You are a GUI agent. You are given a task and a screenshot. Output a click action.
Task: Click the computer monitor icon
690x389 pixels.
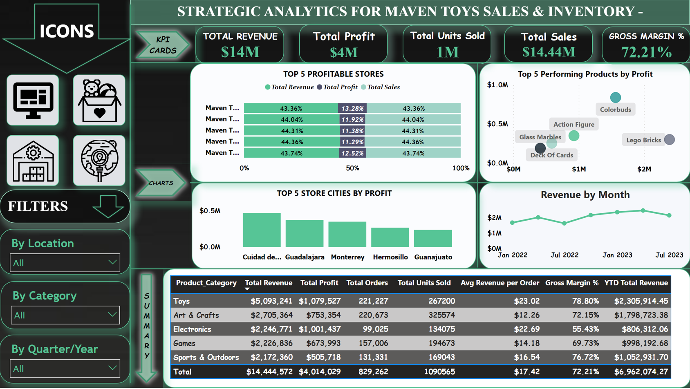tap(33, 100)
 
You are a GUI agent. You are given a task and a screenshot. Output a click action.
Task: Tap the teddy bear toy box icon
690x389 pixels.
tap(99, 100)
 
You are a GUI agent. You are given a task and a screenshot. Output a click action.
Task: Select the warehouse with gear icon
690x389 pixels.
tap(33, 161)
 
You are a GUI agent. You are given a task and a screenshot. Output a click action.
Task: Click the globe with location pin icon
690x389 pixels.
tap(99, 161)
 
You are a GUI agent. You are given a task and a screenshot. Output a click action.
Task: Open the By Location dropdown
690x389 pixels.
tap(65, 263)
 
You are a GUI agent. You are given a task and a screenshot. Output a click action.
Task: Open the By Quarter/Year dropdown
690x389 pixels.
tap(65, 369)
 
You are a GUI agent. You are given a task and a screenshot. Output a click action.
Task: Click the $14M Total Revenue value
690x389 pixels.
tap(240, 52)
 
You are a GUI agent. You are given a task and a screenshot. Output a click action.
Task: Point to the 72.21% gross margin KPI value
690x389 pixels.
tap(646, 52)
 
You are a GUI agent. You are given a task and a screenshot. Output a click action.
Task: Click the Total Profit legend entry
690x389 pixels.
tap(337, 87)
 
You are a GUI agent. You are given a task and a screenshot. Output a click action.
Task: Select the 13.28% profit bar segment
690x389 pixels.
tap(352, 108)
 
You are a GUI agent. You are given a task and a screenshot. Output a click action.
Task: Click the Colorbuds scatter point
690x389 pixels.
tap(615, 97)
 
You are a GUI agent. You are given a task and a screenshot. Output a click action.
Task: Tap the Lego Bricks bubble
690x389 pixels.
tap(669, 140)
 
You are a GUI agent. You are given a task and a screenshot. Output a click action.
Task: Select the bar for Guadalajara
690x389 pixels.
tap(305, 233)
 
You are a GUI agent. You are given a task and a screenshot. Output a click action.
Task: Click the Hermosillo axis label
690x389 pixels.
tap(390, 257)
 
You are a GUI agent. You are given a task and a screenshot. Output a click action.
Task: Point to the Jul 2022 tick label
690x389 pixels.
tap(565, 255)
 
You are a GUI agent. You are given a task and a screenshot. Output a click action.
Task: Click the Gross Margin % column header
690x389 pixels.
tap(571, 283)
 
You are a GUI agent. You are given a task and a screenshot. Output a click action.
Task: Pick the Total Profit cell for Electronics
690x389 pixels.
tap(319, 329)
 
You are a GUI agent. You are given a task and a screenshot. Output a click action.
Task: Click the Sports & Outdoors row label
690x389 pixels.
tap(206, 358)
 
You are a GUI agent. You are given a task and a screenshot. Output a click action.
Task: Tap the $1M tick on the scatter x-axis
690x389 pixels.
tap(579, 169)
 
